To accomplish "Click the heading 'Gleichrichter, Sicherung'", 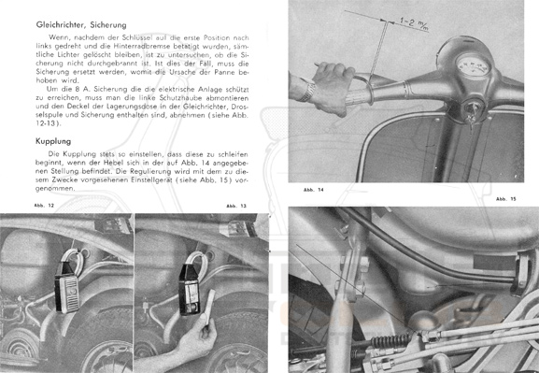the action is [x=81, y=25].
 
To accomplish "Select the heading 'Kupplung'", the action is [x=53, y=141].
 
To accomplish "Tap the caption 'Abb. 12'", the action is [x=44, y=206].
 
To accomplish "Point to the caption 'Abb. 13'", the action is [x=236, y=206].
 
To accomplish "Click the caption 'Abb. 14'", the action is [x=314, y=190].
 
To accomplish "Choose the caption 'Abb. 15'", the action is [x=506, y=199].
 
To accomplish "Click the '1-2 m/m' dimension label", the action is [x=414, y=23].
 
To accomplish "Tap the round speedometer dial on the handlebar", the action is [x=474, y=65].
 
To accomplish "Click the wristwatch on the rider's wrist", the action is [x=306, y=92].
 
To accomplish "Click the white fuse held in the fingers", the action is [x=209, y=301].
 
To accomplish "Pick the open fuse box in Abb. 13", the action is [x=190, y=290].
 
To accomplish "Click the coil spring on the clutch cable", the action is [x=390, y=341].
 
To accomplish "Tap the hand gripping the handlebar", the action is [x=331, y=88].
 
